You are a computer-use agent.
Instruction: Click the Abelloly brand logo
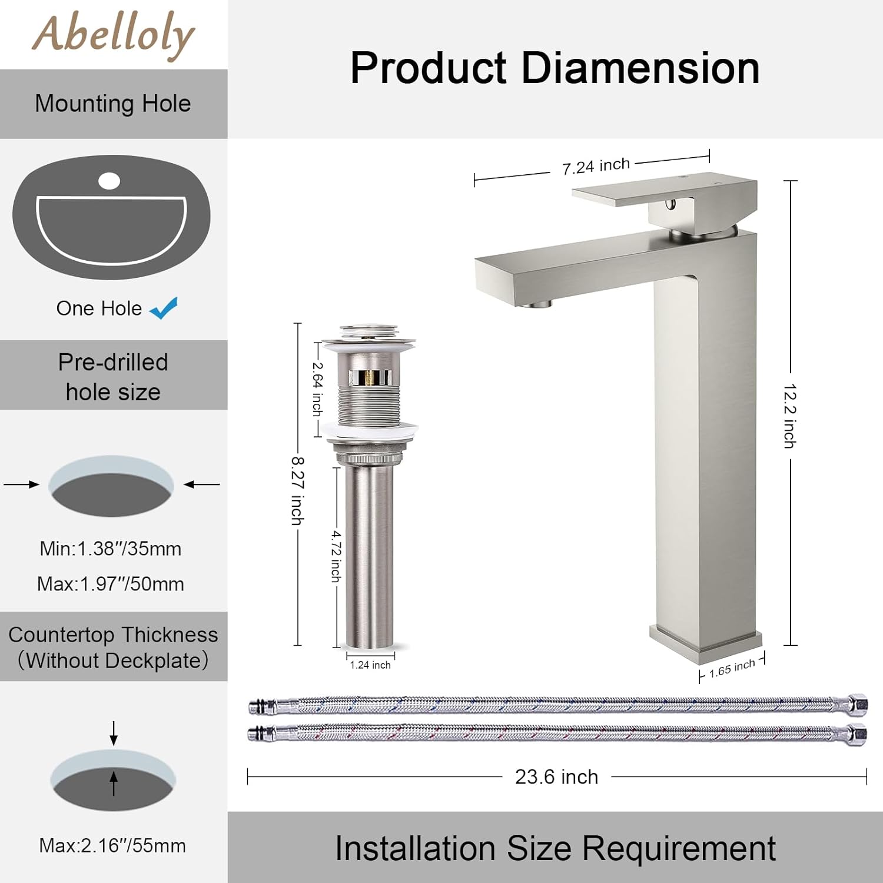(113, 35)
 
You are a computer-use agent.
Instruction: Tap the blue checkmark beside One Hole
(164, 308)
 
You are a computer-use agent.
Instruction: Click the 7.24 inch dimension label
(596, 166)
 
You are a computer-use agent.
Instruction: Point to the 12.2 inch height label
(790, 416)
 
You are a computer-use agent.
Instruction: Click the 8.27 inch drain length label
(298, 491)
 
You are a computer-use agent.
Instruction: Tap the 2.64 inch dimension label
(317, 389)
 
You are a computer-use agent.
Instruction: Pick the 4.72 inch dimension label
(336, 556)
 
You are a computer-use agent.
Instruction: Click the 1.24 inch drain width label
(370, 665)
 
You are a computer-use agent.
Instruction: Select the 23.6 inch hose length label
(556, 777)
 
